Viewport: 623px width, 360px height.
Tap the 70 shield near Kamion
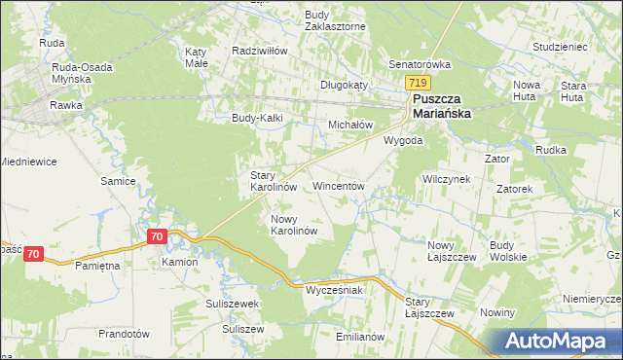[x=158, y=236]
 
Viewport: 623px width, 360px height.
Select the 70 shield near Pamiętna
[x=34, y=254]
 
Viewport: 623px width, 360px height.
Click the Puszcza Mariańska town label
[x=442, y=107]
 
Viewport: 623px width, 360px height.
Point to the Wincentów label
[x=338, y=185]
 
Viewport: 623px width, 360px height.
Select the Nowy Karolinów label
[x=294, y=226]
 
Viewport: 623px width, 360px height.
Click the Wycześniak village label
[x=334, y=290]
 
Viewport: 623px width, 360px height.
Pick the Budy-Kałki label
[x=256, y=120]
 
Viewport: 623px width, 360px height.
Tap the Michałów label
[x=350, y=126]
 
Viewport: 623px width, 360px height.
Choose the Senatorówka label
[x=421, y=64]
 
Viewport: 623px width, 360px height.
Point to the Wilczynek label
[x=447, y=180]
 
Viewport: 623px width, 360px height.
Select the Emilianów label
[x=360, y=337]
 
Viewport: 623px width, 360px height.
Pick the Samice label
[x=117, y=181]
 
